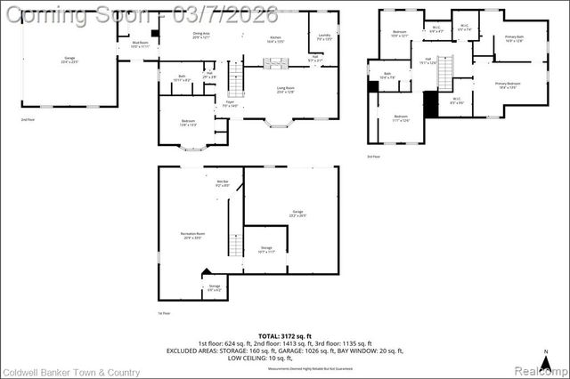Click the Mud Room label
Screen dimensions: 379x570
pyautogui.click(x=139, y=44)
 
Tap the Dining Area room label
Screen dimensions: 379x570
pyautogui.click(x=201, y=36)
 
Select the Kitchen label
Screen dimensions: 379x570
pyautogui.click(x=275, y=39)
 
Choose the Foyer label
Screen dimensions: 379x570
pyautogui.click(x=230, y=104)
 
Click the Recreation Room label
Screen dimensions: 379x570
pyautogui.click(x=193, y=236)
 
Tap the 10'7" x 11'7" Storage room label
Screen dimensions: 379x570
pyautogui.click(x=266, y=249)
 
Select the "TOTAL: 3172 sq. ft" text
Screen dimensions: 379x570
pyautogui.click(x=285, y=334)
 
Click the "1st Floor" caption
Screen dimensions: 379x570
pyautogui.click(x=163, y=313)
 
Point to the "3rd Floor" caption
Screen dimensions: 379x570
pyautogui.click(x=373, y=157)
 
